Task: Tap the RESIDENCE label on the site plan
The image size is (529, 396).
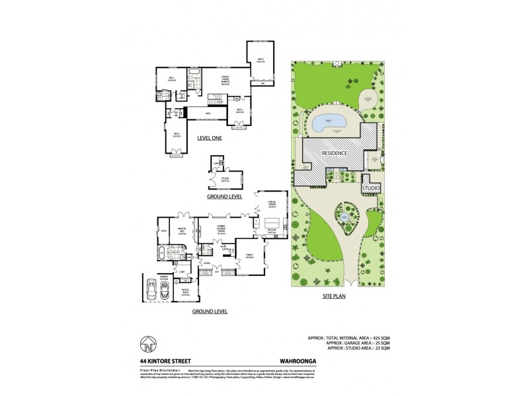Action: (x=336, y=152)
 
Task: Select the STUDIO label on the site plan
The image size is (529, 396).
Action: (x=370, y=189)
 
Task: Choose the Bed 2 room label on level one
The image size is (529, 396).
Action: (x=261, y=61)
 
